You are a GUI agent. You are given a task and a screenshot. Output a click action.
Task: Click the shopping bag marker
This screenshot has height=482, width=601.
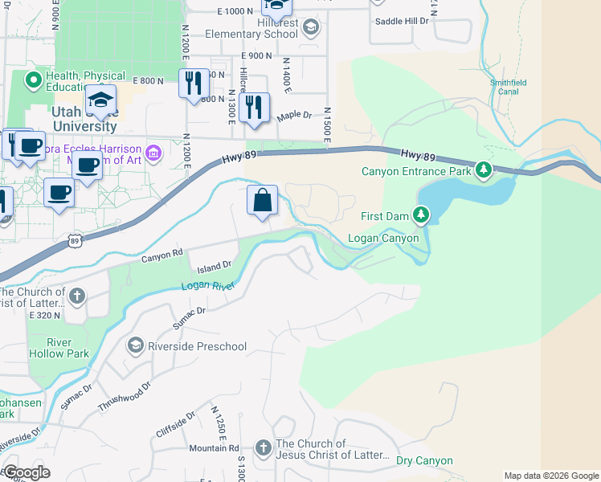click(263, 201)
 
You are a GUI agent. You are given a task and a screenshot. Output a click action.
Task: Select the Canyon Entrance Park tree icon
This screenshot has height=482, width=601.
click(483, 170)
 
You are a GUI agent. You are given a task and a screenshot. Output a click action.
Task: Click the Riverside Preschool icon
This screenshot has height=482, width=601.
click(135, 345)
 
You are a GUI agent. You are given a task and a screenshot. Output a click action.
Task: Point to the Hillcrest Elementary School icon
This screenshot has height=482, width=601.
click(311, 28)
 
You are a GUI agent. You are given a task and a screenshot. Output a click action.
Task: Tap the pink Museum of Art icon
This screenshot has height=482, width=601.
click(153, 151)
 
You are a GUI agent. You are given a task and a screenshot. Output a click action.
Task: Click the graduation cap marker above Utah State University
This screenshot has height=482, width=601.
click(100, 100)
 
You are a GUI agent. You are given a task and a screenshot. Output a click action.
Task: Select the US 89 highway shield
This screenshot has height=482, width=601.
click(75, 240)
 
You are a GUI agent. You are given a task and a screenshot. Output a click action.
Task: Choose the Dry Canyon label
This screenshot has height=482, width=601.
click(424, 461)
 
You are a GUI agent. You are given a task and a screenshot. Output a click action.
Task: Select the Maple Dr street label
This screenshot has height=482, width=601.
click(294, 116)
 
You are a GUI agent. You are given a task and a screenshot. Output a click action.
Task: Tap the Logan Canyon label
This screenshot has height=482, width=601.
click(382, 238)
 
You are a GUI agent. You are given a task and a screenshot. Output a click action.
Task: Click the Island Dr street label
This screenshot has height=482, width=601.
click(215, 264)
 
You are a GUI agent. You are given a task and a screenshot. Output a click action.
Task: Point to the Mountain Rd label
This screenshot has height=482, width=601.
click(214, 448)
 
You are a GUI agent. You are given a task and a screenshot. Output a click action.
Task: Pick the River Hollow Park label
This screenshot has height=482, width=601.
click(58, 346)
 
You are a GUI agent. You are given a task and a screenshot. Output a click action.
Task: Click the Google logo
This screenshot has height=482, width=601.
click(27, 472)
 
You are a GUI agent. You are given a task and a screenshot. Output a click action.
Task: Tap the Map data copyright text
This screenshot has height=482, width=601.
click(550, 476)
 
